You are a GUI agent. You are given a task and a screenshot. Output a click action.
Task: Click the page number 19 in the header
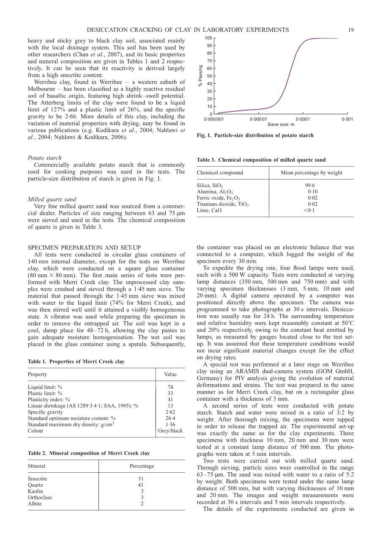click(351, 30)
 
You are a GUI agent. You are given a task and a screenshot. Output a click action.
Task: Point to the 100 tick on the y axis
click(209, 39)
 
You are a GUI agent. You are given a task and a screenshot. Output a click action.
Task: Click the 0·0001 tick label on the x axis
click(303, 119)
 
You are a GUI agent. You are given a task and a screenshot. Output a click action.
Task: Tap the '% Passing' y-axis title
click(201, 76)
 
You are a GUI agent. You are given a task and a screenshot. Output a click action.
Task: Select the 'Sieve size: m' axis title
click(281, 124)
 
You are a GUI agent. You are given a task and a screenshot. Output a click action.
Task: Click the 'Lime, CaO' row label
click(209, 210)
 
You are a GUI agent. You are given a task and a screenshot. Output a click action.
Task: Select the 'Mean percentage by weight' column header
click(312, 173)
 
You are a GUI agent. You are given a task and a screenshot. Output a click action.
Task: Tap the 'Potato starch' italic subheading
click(44, 158)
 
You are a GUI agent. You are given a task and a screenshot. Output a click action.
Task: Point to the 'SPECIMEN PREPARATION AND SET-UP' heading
click(84, 248)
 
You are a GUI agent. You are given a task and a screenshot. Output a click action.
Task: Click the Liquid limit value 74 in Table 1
click(170, 387)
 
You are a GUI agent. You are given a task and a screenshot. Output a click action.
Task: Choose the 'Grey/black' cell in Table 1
click(170, 431)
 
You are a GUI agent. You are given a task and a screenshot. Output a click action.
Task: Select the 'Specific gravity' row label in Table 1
click(45, 412)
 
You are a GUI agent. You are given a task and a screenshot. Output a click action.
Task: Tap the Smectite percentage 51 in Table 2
click(142, 479)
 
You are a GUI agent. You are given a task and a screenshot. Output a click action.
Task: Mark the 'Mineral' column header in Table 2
click(36, 466)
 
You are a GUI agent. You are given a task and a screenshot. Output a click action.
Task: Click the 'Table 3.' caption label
click(207, 160)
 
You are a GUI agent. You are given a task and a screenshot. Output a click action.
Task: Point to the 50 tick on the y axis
click(210, 76)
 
